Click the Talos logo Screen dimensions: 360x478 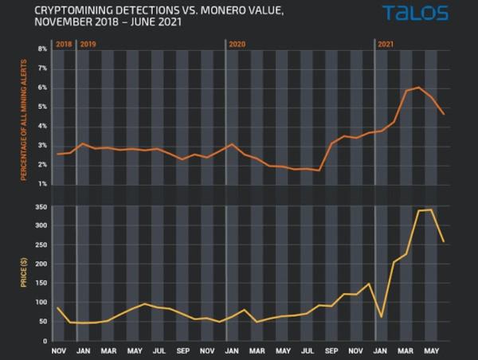[414, 13]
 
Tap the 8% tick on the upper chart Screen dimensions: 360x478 [44, 49]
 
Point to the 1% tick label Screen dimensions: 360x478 [44, 185]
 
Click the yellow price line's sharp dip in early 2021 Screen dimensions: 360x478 [382, 316]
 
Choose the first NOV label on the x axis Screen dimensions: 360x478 [59, 350]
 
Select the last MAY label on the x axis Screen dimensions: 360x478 [431, 350]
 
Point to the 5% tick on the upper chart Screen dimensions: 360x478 [44, 108]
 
